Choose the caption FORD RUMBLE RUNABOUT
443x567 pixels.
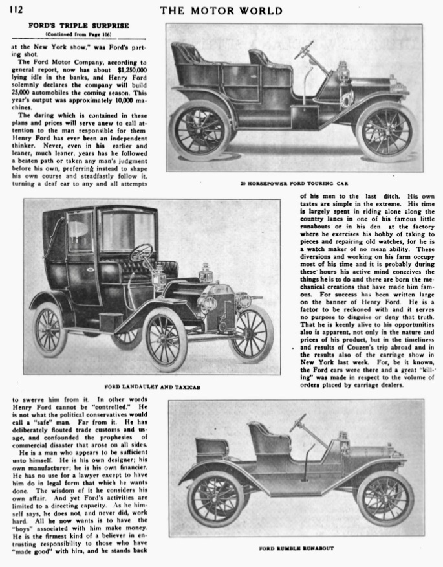point(295,548)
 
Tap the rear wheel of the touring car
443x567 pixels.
point(200,131)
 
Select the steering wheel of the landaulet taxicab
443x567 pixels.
point(140,252)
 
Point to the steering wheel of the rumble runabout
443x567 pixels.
point(298,423)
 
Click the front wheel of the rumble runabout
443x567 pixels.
point(385,499)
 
